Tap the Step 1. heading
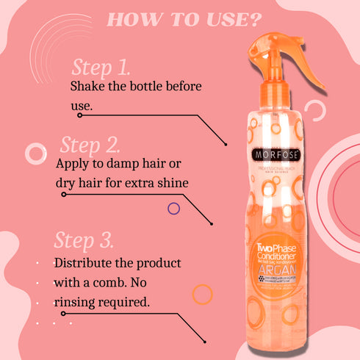tap(101, 68)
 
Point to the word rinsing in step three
tap(76, 301)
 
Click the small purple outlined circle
tap(174, 208)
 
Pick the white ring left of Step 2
tap(36, 154)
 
